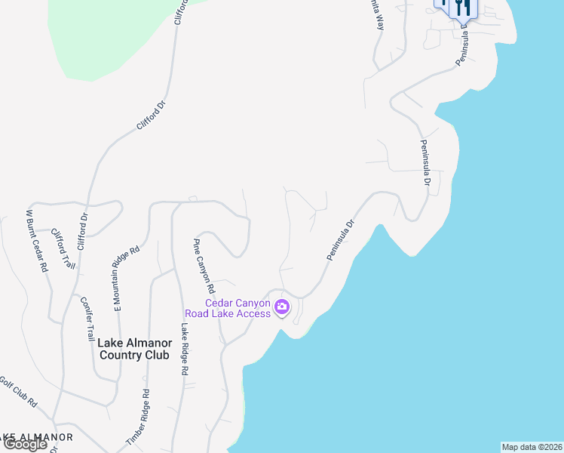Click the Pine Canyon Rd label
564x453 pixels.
pos(204,266)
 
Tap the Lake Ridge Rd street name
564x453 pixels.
pos(183,350)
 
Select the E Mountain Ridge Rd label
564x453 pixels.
pos(127,279)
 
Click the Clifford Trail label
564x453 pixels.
pos(63,249)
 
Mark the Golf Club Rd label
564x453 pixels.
pos(17,392)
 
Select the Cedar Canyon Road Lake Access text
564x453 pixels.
pos(228,308)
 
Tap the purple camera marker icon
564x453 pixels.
pos(282,307)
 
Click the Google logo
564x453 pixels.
pos(25,444)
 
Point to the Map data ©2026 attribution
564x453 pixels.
pos(532,447)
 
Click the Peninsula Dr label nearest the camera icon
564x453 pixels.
pos(341,241)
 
